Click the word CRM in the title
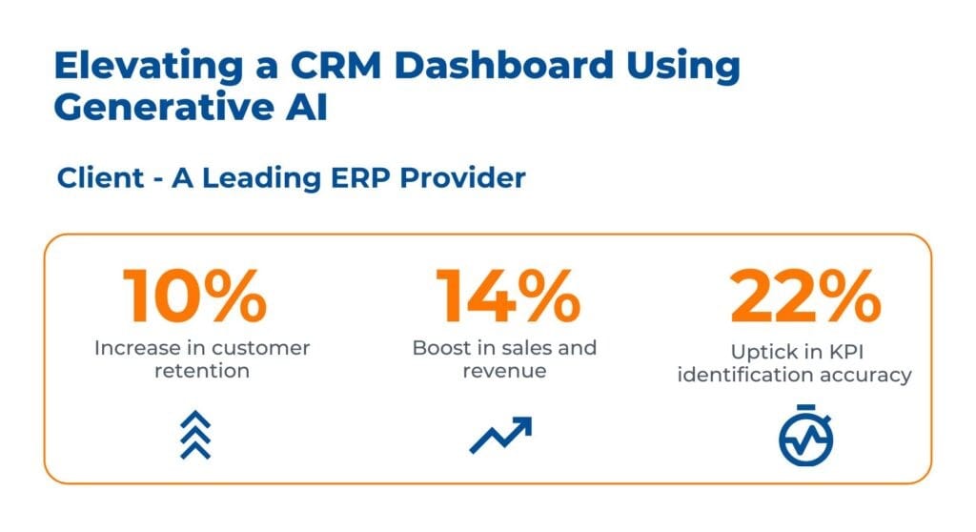click(336, 65)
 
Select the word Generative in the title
click(164, 107)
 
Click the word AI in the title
click(307, 107)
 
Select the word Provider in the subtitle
click(462, 178)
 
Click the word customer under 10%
click(261, 348)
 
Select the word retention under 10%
click(202, 371)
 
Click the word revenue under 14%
click(504, 371)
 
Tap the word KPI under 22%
click(846, 352)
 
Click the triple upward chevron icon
click(195, 435)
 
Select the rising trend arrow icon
click(501, 435)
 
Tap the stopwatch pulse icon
click(806, 436)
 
